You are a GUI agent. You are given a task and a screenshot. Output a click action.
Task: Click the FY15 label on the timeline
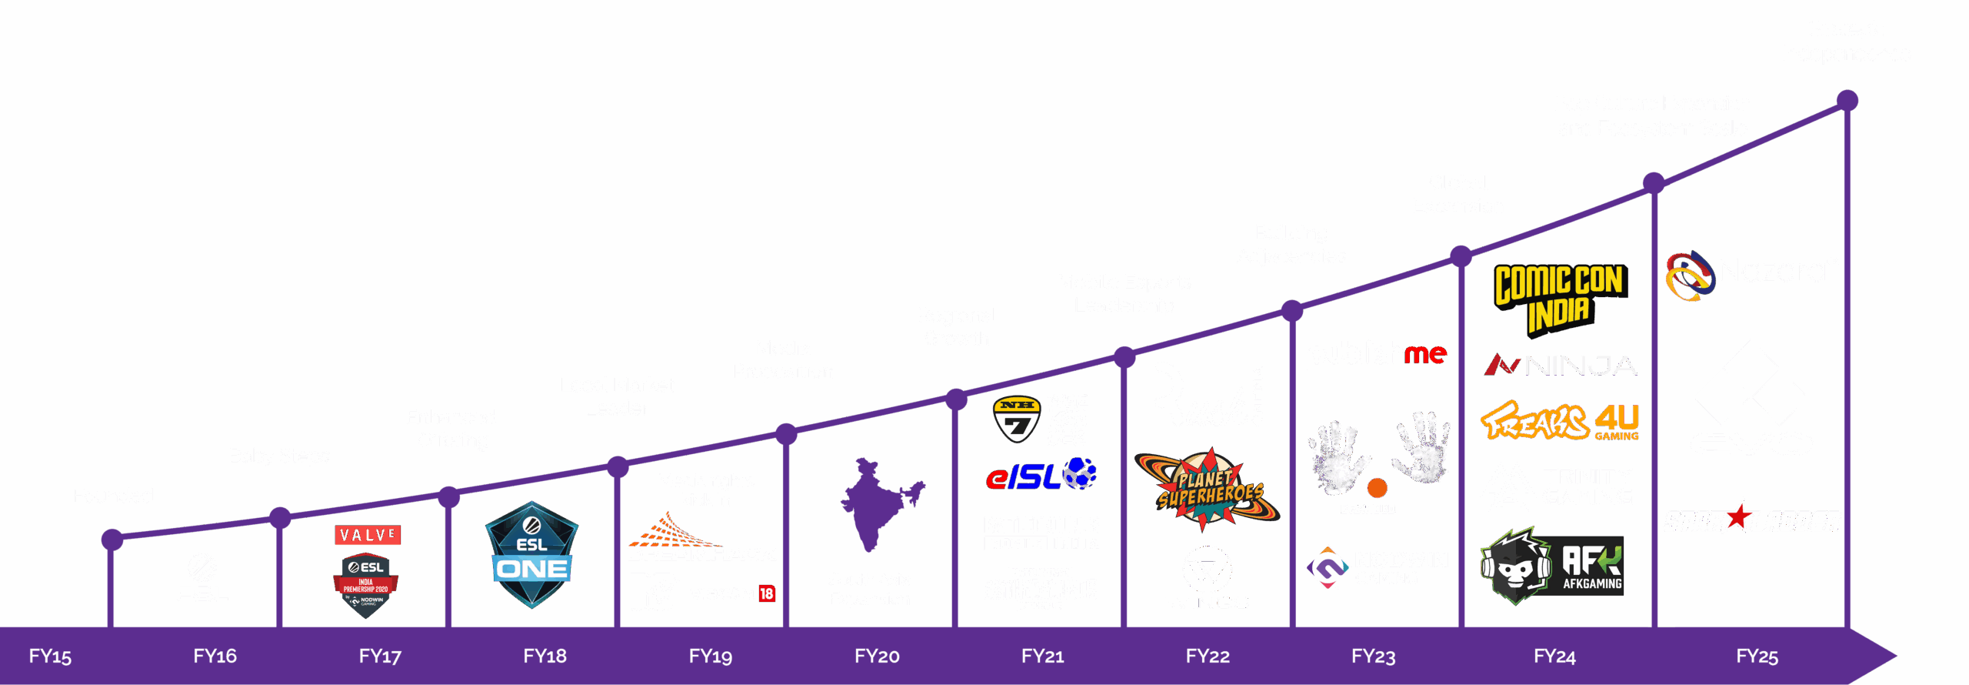50,656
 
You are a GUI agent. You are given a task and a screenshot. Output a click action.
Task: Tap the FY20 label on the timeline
877,656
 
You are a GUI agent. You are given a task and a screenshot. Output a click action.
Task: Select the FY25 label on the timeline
1757,656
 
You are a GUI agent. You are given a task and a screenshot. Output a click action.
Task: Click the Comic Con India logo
1560,299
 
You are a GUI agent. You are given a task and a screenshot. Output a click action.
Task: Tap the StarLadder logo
1752,519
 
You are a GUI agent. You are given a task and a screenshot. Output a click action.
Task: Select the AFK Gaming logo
1552,566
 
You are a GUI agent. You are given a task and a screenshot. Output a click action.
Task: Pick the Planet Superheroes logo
1208,490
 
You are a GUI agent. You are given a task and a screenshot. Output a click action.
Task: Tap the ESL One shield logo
531,554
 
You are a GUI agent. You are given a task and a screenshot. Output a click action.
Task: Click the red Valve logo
368,534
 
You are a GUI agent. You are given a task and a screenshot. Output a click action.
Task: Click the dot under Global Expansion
1461,256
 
